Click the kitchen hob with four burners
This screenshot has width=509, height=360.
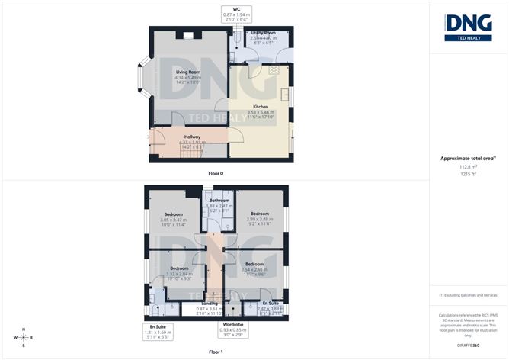point(272,70)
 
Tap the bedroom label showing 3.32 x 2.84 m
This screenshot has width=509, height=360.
point(180,273)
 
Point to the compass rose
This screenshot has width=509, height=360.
point(24,336)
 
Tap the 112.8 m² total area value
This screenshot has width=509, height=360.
point(468,166)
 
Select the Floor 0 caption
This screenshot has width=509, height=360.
point(216,174)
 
